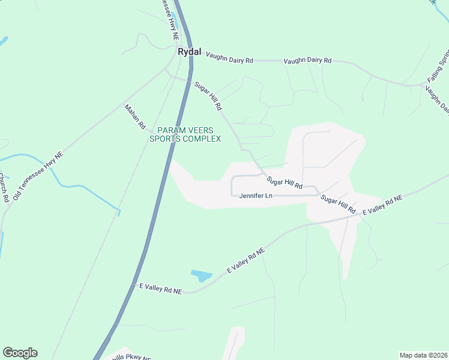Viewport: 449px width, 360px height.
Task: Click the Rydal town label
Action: point(189,52)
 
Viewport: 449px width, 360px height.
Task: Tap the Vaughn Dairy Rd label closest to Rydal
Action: point(230,57)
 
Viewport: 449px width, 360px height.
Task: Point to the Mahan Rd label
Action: point(135,117)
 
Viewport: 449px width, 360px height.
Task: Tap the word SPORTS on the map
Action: point(164,139)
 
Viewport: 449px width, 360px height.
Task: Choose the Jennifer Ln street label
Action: point(256,196)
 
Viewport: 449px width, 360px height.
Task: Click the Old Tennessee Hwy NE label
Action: point(38,176)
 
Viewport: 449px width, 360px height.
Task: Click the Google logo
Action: point(20,353)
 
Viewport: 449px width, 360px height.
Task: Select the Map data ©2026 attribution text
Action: point(423,355)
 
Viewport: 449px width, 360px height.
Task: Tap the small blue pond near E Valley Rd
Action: point(202,276)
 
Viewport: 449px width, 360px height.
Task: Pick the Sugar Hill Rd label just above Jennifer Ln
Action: point(285,182)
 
